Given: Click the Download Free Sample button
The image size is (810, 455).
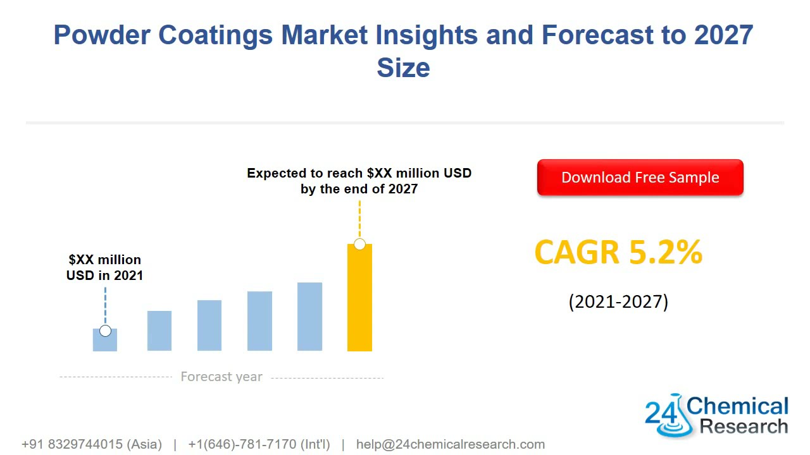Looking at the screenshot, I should (640, 178).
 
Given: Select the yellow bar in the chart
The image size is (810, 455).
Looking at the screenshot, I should (359, 303).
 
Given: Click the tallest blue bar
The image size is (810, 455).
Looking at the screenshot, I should (309, 317).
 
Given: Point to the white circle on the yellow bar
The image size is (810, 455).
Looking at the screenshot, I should (359, 244).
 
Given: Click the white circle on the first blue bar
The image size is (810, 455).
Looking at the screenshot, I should (105, 331).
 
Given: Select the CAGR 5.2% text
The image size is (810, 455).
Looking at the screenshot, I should (618, 252).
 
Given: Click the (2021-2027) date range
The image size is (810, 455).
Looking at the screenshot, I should (618, 301).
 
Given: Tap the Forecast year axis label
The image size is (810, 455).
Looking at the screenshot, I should (221, 377).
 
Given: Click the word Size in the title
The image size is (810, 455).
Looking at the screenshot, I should (404, 68).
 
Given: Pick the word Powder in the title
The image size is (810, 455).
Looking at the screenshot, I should (102, 35).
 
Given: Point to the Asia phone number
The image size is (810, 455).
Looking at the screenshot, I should (92, 444).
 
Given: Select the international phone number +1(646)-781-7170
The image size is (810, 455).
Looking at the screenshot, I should (259, 444).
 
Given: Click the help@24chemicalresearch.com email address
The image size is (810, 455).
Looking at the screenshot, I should (450, 444).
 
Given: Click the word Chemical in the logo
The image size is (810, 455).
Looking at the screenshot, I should (737, 406).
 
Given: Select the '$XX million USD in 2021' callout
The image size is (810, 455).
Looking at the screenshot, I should (105, 267).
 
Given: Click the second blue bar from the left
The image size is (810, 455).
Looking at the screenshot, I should (159, 331).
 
